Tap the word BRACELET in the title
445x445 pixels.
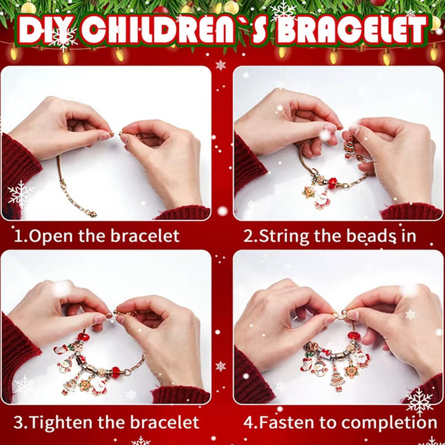(x=351, y=29)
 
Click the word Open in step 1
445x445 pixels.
(x=51, y=236)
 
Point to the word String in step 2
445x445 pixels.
(x=284, y=236)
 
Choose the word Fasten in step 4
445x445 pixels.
(x=287, y=422)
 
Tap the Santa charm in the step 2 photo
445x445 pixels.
(x=321, y=200)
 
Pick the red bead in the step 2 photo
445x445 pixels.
(x=332, y=184)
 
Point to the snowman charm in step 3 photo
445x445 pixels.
(x=65, y=365)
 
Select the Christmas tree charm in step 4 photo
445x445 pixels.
(x=337, y=379)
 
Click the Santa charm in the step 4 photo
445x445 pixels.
(x=362, y=359)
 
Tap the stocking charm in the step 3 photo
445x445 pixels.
(x=61, y=349)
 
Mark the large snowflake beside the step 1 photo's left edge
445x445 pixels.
(x=20, y=195)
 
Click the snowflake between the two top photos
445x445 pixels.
(x=221, y=65)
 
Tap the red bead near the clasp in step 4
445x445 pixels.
(x=354, y=336)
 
